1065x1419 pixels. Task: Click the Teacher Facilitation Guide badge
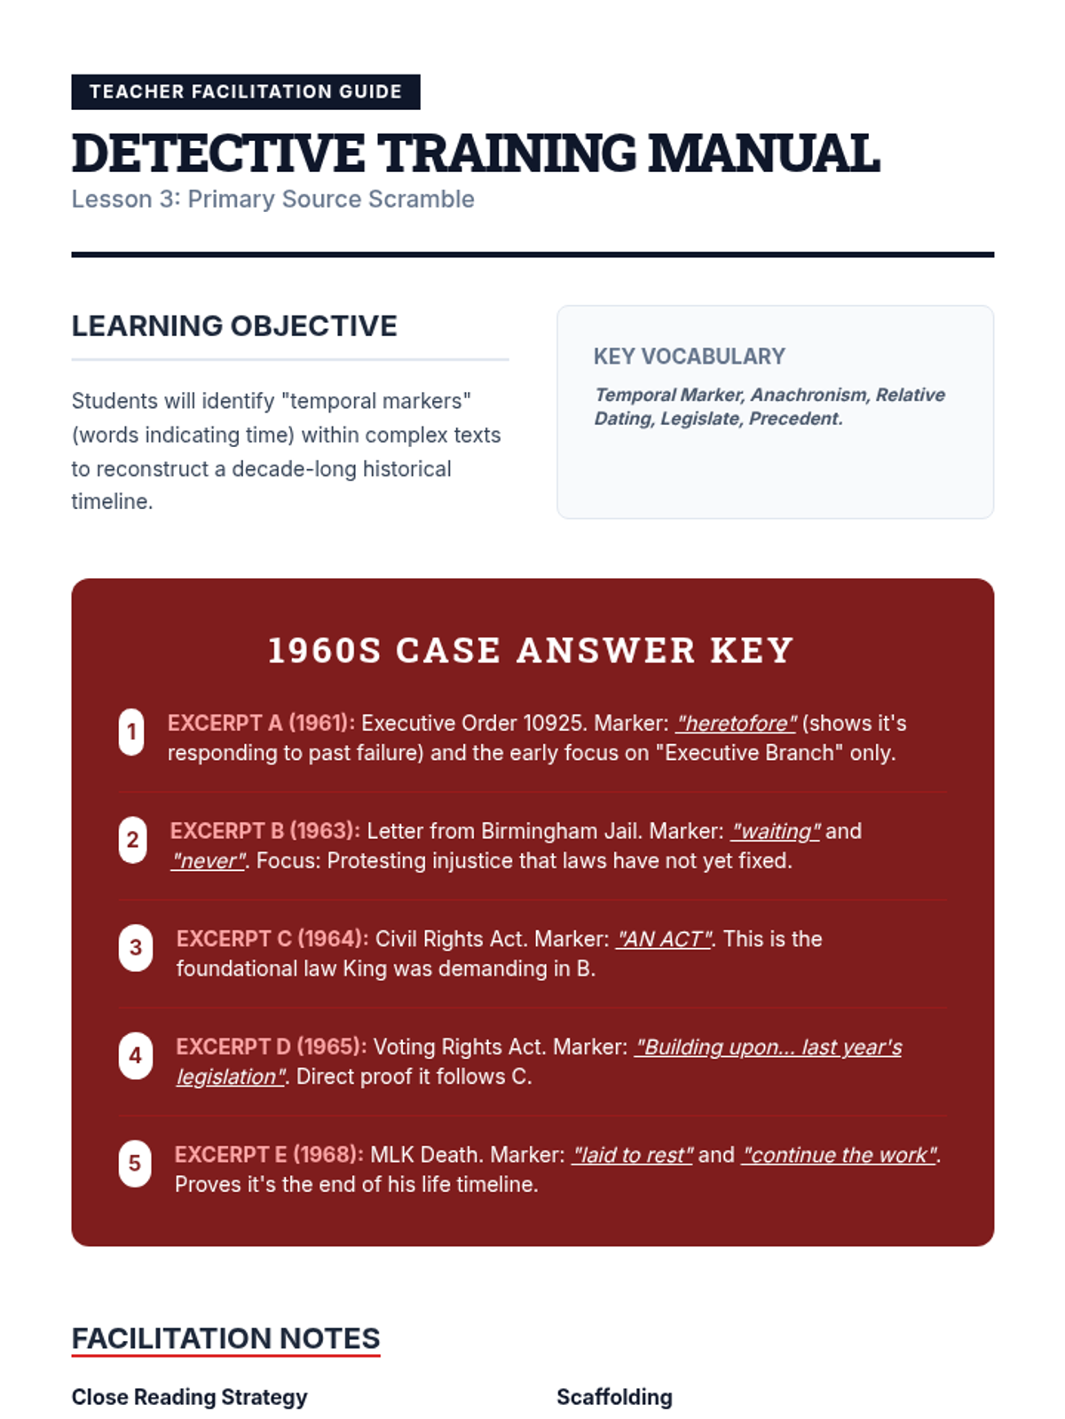pos(245,92)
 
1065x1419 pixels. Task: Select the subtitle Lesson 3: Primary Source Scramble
pos(272,200)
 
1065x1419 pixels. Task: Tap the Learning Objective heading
pos(234,326)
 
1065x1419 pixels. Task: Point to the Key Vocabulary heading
pos(689,357)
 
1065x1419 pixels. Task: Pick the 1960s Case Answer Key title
pos(531,650)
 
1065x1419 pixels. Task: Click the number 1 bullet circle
pos(131,732)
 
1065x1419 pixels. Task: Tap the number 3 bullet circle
pos(136,947)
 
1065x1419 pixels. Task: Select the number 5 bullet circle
pos(135,1163)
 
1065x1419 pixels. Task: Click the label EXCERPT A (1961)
pos(261,724)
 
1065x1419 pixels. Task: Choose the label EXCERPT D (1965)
pos(271,1047)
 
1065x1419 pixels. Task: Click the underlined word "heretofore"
pos(737,724)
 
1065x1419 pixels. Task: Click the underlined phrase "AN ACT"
pos(664,939)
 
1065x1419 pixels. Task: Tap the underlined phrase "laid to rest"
pos(632,1155)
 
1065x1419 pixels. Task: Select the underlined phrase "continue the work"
pos(840,1155)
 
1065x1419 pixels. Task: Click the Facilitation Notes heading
pos(225,1338)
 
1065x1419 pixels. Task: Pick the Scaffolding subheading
pos(614,1397)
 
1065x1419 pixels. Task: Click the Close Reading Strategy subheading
pos(189,1397)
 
